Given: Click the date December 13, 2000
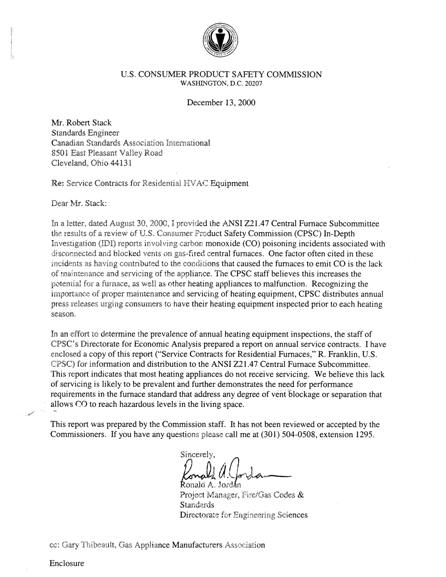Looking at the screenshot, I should click(221, 102).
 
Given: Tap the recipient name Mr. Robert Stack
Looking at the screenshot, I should click(82, 123).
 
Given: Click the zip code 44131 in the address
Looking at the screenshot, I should click(121, 163).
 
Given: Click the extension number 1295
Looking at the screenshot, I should click(366, 435).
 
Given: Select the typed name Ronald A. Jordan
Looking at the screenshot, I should click(209, 485).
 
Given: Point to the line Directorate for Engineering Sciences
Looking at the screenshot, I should click(244, 515).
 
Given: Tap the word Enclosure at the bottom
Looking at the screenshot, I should click(67, 563).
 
